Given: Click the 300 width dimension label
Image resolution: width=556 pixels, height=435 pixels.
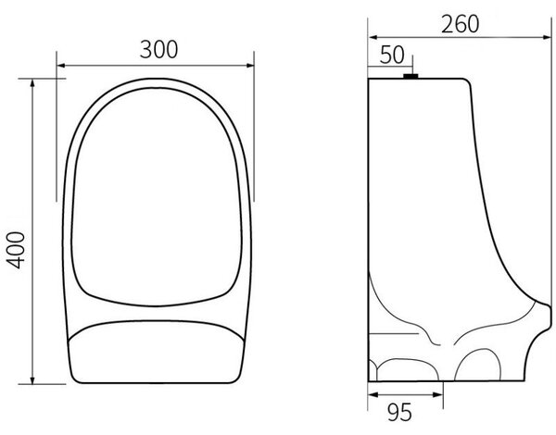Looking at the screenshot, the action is (158, 49).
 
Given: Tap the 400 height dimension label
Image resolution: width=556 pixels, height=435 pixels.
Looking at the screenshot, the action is (16, 250).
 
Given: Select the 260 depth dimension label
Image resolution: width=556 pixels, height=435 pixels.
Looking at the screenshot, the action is (460, 24).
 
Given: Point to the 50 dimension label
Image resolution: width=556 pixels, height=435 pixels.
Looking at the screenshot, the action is (392, 55).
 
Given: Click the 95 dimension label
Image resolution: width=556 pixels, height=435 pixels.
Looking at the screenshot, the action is (399, 413).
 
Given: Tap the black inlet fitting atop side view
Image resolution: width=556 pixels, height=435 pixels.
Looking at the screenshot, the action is (411, 76).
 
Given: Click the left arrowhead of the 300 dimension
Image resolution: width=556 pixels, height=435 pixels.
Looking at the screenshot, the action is (61, 65).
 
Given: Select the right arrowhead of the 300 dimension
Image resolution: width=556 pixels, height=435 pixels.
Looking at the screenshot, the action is (250, 65).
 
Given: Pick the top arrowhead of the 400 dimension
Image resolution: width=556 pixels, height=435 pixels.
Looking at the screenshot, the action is (32, 83).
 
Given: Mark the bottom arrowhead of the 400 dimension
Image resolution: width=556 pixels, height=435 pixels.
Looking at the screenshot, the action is (32, 379).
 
